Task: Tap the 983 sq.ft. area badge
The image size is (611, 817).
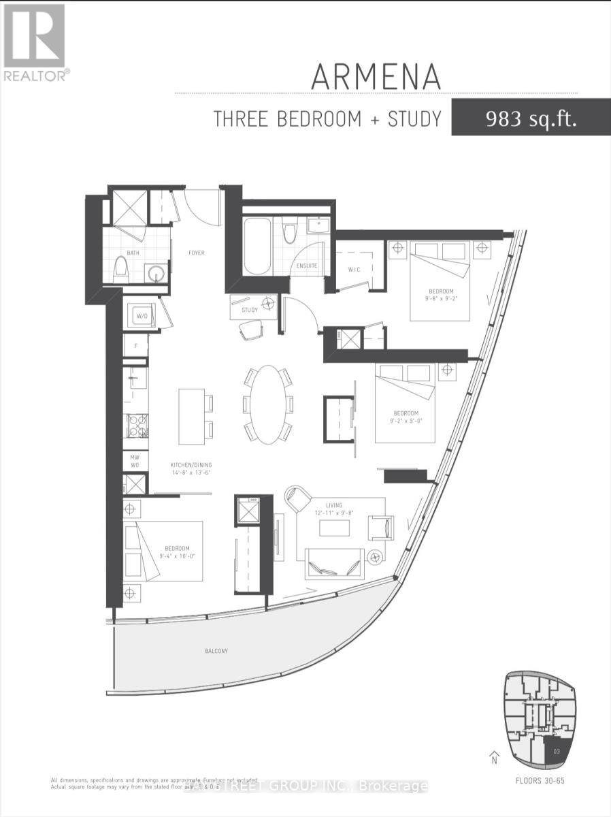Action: pos(530,119)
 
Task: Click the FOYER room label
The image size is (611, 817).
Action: pos(196,253)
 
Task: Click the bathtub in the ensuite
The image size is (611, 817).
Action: pos(257,245)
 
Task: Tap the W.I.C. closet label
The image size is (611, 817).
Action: pos(354,268)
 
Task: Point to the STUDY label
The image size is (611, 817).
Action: pos(250,310)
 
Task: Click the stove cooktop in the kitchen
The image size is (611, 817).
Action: pos(136,426)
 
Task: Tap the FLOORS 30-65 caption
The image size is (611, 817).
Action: pos(541,781)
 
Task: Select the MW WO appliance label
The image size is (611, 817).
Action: pos(135,460)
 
